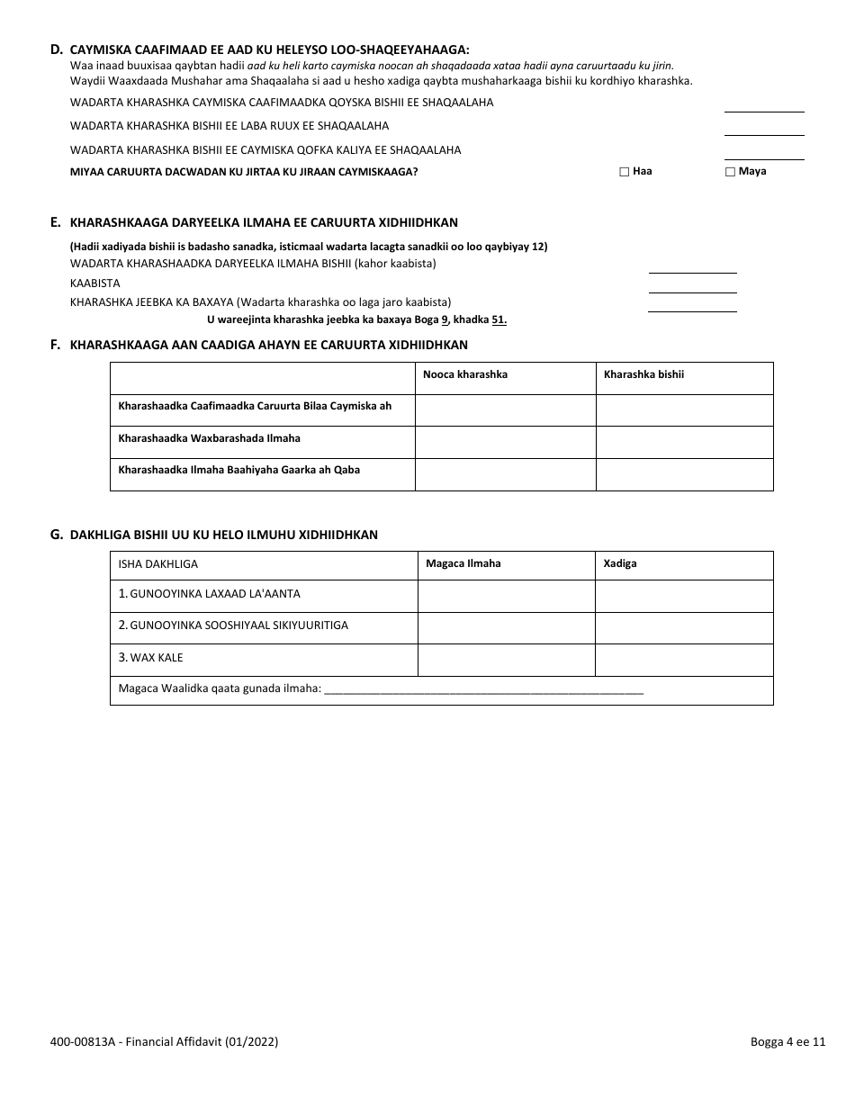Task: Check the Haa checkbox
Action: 624,171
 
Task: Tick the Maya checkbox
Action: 730,171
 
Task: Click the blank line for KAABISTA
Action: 692,290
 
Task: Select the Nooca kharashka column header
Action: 464,374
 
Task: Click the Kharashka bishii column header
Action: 643,374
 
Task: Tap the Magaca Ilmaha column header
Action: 463,563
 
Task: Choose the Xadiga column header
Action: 620,563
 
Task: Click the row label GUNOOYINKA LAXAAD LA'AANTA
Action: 210,594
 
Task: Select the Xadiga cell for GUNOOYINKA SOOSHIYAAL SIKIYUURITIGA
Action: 684,628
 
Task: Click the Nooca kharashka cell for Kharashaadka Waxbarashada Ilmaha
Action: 505,441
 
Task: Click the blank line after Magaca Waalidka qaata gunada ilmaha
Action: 483,691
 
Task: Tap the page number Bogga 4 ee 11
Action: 787,1042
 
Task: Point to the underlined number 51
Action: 499,320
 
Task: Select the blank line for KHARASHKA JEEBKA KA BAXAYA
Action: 692,310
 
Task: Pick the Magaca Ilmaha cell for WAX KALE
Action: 507,660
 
